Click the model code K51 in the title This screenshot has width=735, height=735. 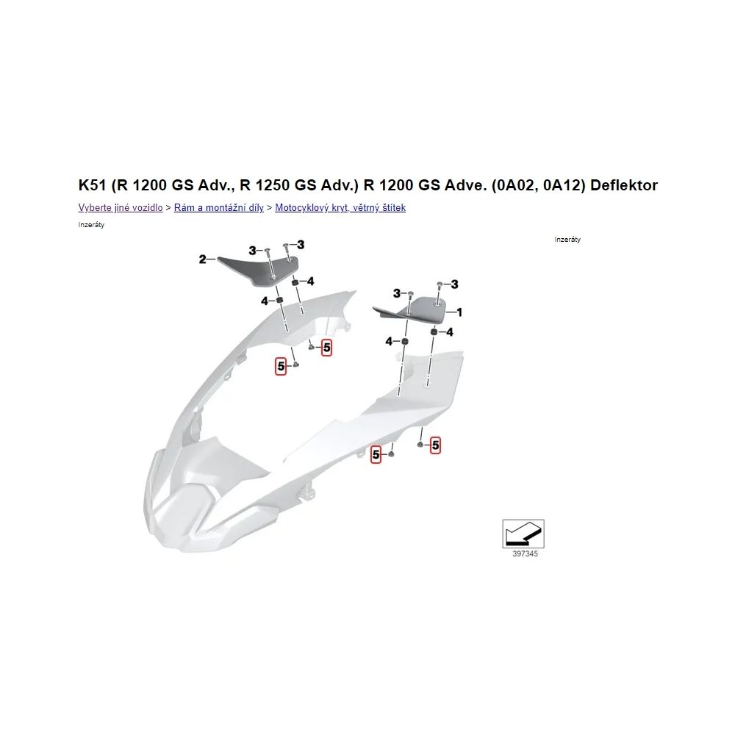(93, 185)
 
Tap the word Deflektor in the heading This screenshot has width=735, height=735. (623, 185)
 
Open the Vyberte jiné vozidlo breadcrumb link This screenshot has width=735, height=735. (121, 208)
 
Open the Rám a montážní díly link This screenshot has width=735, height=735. (219, 208)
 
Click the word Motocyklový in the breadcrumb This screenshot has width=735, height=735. (304, 208)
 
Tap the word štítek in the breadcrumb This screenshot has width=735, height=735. (392, 208)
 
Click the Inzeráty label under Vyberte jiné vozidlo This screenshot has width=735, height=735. (91, 225)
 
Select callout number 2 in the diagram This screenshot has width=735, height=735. (202, 259)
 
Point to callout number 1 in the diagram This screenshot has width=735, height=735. (459, 312)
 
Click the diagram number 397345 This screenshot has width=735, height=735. (525, 554)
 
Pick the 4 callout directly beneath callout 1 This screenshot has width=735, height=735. (450, 332)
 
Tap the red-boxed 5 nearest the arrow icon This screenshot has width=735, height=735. (435, 445)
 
